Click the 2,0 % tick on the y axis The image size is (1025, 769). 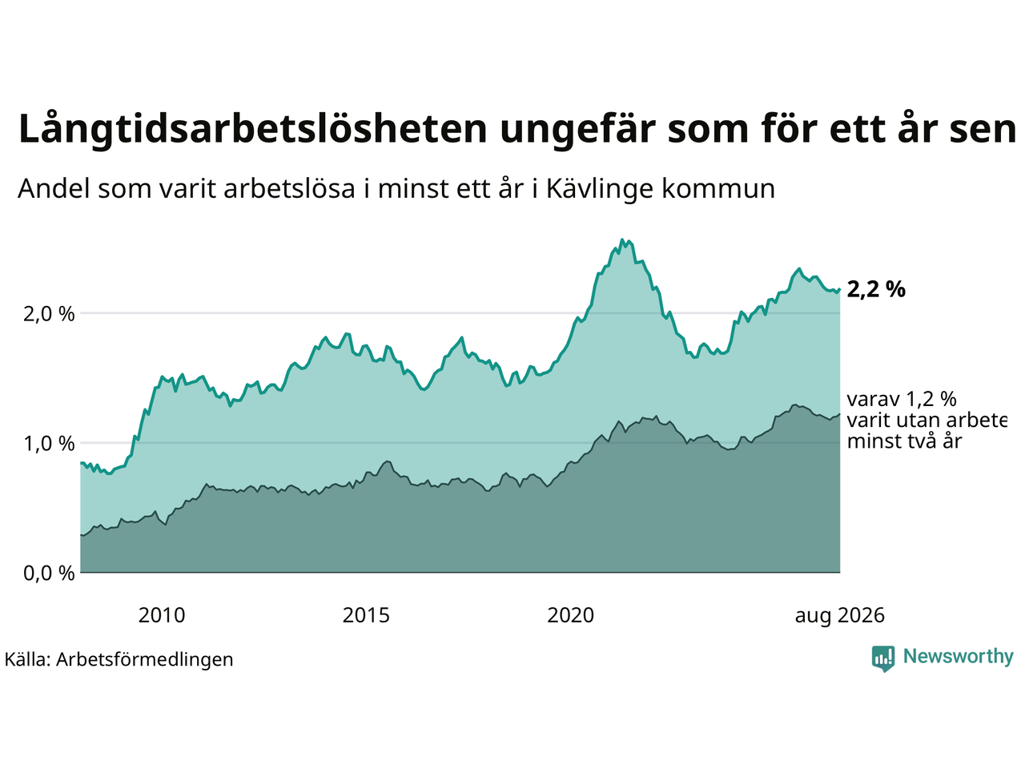coord(49,314)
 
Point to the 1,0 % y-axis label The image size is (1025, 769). coord(49,444)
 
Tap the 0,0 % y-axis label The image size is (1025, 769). coord(49,574)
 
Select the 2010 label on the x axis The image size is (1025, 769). coord(162,616)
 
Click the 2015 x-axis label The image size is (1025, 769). coord(366,616)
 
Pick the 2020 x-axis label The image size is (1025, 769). coord(570,616)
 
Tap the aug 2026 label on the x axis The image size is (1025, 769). coord(839,616)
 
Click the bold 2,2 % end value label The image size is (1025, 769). coord(876,289)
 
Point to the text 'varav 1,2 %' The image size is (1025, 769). coord(902,400)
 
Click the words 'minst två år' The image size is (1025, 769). coord(905,441)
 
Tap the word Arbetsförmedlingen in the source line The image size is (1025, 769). coord(145,660)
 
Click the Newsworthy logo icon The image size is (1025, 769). coord(883,658)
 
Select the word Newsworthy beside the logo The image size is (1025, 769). coord(959,657)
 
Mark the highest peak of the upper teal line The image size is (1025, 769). coord(621,240)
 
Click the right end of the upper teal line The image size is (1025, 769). coord(839,289)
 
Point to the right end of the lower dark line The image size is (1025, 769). coord(839,414)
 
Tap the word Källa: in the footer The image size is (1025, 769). coord(27,660)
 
